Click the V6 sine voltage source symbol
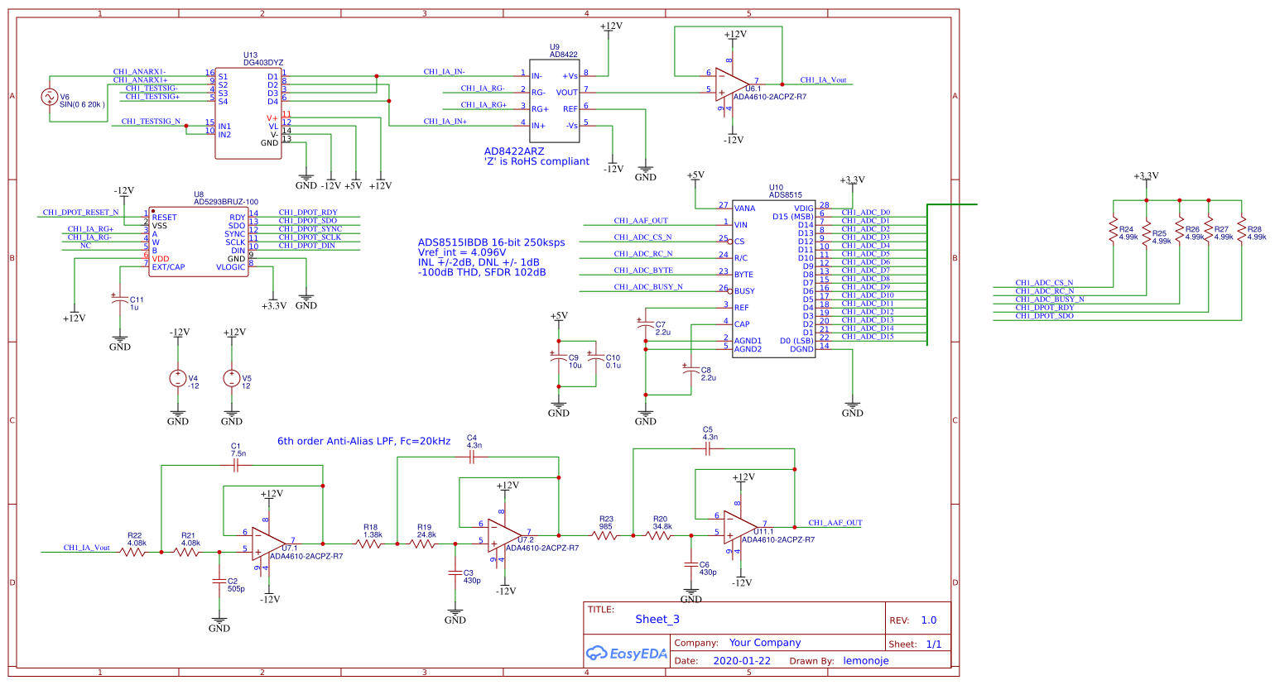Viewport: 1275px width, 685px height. point(49,97)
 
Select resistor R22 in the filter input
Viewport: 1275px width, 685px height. point(133,552)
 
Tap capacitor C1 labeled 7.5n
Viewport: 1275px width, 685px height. point(236,466)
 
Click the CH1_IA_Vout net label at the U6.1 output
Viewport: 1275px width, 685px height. point(823,80)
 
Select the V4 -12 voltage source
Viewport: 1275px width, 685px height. point(178,378)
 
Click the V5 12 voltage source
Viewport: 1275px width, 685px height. point(232,378)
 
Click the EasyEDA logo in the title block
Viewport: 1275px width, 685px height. point(626,654)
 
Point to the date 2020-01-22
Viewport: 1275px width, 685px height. point(741,661)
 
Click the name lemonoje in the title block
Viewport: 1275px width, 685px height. point(865,661)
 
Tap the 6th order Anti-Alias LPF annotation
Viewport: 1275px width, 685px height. point(363,441)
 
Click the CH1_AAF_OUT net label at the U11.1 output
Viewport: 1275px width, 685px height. point(835,523)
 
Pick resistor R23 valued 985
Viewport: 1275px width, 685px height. point(605,535)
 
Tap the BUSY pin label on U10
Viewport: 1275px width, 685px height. point(744,291)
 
